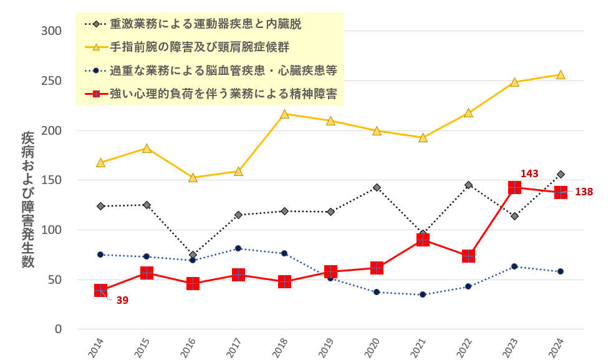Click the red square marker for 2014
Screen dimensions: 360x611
(100, 290)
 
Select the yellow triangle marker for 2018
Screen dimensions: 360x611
(284, 114)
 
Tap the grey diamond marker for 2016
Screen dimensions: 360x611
(193, 255)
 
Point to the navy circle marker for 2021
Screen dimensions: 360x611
(423, 294)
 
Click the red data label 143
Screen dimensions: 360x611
(529, 173)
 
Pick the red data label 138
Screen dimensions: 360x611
(584, 192)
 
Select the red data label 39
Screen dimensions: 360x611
(122, 300)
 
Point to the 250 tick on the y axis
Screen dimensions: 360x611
(52, 81)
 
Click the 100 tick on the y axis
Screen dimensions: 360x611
(52, 230)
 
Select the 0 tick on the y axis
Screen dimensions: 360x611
(58, 329)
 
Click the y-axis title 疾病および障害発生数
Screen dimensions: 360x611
(28, 200)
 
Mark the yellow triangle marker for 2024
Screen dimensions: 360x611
(560, 75)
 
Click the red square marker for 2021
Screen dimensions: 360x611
(423, 240)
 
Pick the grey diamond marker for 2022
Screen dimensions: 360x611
(468, 185)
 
